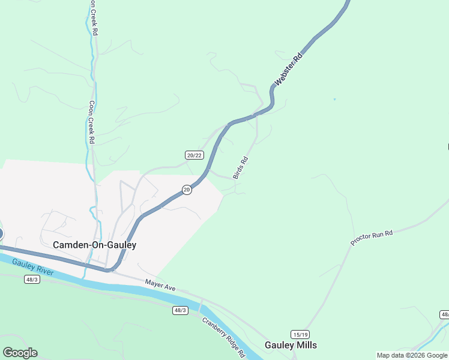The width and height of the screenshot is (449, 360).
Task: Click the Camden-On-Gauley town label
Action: coord(94,245)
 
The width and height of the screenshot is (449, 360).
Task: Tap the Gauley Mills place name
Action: coord(291,345)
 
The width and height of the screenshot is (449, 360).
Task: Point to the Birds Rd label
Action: coord(240,168)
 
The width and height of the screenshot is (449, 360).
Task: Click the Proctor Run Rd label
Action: coord(372,237)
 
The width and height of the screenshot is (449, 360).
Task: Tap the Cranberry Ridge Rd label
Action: coord(223,337)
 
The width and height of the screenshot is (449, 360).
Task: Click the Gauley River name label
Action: coord(34,266)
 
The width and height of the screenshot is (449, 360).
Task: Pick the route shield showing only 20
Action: coord(187,190)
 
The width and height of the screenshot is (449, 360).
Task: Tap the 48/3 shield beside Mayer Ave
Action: coord(180,310)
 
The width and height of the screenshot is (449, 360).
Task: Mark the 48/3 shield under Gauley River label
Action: coord(32,279)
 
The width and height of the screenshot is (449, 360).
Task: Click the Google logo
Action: coord(20,353)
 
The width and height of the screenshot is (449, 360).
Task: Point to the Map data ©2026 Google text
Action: coord(412,355)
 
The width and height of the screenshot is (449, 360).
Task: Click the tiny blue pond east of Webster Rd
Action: coord(334,99)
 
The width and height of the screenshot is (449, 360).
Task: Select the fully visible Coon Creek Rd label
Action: coord(92,122)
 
